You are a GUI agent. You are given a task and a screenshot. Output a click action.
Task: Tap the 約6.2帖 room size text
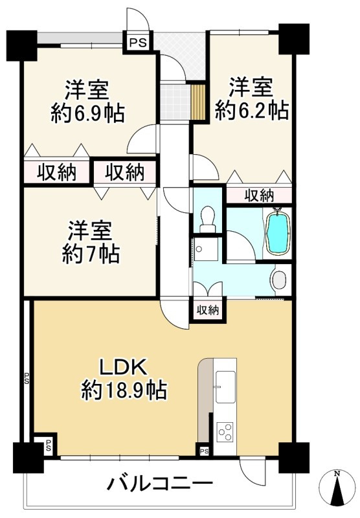click(251, 111)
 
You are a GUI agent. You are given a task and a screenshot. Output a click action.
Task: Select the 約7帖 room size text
click(90, 254)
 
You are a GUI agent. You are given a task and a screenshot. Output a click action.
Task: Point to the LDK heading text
click(124, 367)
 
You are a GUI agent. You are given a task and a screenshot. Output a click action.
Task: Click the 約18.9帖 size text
click(124, 390)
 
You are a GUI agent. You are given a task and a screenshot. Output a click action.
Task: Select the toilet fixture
click(208, 218)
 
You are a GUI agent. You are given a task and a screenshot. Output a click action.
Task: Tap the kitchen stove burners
click(226, 431)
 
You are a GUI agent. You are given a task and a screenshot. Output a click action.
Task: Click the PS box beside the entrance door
click(136, 42)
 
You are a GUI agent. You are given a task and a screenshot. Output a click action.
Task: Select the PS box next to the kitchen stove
click(204, 451)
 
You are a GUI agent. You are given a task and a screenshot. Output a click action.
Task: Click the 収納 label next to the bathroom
click(258, 195)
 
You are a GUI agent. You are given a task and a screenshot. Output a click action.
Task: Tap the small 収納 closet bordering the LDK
click(207, 310)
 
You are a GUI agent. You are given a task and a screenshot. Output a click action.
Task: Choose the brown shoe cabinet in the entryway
click(199, 102)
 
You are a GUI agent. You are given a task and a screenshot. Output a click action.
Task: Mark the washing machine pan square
click(207, 249)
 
